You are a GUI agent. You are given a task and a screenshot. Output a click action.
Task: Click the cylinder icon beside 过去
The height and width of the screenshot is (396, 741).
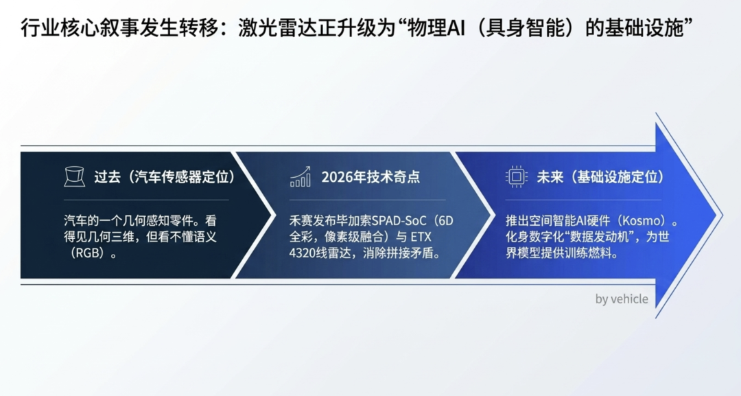tap(75, 177)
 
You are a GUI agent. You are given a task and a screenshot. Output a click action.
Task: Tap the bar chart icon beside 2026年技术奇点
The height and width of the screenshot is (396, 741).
tap(301, 177)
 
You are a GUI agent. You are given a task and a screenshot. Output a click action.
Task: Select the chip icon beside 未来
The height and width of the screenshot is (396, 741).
tap(516, 177)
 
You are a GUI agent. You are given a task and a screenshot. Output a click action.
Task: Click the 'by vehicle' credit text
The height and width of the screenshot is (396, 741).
tap(622, 299)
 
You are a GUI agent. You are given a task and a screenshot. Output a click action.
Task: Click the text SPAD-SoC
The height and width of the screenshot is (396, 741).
tap(399, 221)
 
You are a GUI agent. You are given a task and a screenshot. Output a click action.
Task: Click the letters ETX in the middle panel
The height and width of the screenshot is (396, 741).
tap(421, 237)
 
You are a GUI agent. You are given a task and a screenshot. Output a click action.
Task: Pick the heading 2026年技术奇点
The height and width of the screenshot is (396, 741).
tap(370, 177)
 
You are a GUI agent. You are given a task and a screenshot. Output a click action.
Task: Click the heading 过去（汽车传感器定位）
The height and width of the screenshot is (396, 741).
tap(165, 177)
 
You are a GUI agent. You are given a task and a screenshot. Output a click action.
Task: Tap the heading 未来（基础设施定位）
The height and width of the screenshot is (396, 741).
tap(601, 177)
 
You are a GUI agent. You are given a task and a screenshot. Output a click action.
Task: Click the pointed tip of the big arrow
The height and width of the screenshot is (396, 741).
tap(722, 216)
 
